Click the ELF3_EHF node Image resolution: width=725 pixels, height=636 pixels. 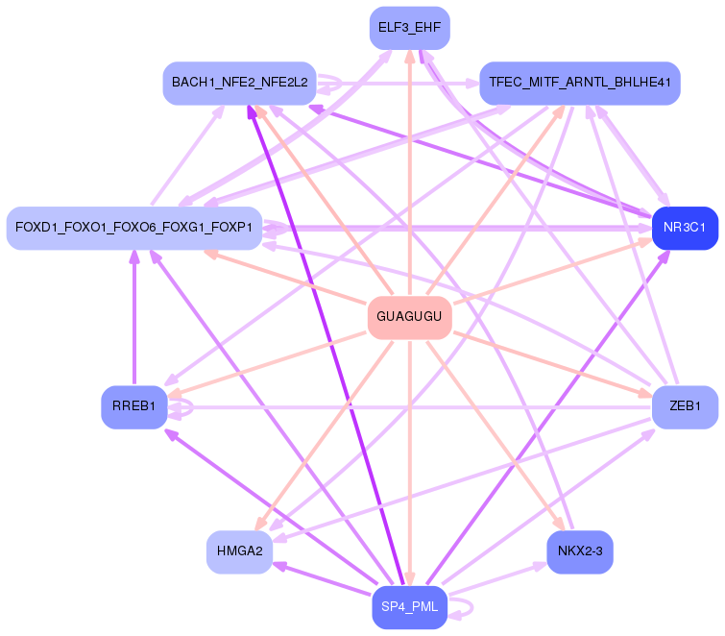click(409, 28)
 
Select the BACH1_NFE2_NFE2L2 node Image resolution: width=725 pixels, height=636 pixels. click(239, 83)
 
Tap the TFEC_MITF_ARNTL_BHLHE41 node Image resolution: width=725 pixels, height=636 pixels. click(579, 83)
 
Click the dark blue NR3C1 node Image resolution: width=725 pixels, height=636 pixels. click(685, 228)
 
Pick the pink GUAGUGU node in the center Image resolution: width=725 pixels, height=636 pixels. click(409, 317)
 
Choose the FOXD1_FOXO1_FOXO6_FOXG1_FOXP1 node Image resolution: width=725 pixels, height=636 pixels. click(133, 228)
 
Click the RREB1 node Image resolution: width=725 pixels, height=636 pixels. click(134, 406)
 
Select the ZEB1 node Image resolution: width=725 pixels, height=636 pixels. click(685, 406)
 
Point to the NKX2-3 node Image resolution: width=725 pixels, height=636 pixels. click(579, 551)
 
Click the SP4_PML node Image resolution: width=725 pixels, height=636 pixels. click(409, 607)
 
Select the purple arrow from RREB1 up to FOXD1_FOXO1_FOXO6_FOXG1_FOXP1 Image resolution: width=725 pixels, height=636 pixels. click(134, 317)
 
